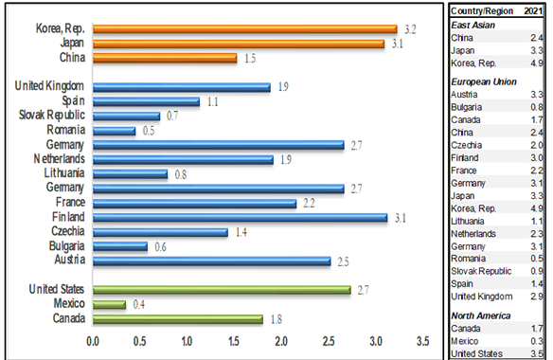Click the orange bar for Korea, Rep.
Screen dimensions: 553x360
click(x=245, y=29)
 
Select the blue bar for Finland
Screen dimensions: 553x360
click(x=241, y=217)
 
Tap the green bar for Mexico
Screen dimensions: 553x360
click(x=109, y=305)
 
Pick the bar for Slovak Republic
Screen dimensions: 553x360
click(x=127, y=116)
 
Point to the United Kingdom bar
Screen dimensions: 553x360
click(x=182, y=87)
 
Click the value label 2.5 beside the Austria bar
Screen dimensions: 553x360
click(x=343, y=261)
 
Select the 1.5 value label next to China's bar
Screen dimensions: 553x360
click(x=250, y=58)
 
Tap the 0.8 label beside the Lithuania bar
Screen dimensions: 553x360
click(x=181, y=174)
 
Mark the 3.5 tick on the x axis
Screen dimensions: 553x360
click(x=423, y=341)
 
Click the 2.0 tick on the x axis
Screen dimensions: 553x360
click(x=281, y=341)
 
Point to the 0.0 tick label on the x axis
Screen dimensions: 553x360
click(x=93, y=341)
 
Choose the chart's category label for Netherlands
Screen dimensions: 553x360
click(x=60, y=159)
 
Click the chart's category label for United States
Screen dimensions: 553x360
click(x=57, y=289)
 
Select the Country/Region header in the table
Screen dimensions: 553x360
click(x=482, y=11)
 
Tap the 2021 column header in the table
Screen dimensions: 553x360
click(x=533, y=11)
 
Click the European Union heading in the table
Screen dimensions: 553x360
click(x=484, y=81)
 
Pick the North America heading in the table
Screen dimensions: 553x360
click(x=481, y=315)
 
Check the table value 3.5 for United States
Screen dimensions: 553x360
click(x=537, y=353)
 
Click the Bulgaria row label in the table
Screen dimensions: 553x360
click(x=466, y=107)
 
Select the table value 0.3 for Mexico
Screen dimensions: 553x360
click(x=537, y=341)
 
